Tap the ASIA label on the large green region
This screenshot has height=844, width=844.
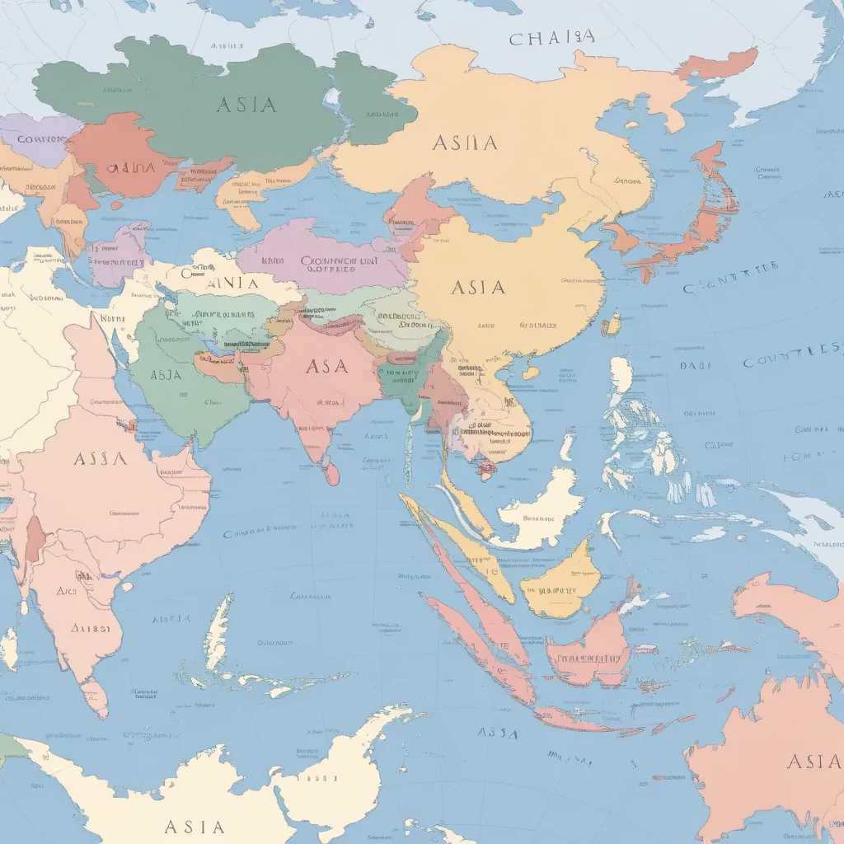pos(246,105)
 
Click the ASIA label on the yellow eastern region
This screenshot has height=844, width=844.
pos(478,288)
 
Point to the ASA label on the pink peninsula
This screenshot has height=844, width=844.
pos(326,366)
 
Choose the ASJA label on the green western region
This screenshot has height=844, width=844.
pos(166,375)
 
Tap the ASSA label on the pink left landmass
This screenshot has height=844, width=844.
pos(100,459)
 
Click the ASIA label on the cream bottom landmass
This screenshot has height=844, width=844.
pos(194,826)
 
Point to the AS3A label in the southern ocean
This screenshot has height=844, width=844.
pos(497,733)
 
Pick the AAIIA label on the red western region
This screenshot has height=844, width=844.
pos(131,167)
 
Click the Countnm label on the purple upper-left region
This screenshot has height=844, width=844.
pos(40,140)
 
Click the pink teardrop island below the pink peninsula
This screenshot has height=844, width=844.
pos(331,473)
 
